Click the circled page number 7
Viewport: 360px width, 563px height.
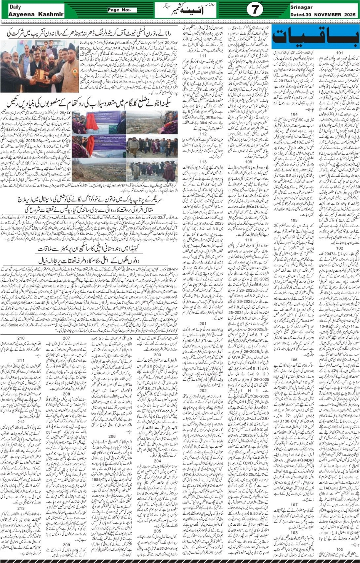[x=254, y=10]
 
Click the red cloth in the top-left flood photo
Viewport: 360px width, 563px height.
[x=91, y=121]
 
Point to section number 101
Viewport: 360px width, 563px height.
[x=339, y=53]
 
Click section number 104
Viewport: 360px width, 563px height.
[x=294, y=114]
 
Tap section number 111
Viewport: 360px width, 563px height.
[x=203, y=56]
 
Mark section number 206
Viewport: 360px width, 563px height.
[x=112, y=437]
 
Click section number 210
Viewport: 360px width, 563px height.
[x=21, y=338]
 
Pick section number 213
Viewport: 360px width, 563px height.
[x=21, y=508]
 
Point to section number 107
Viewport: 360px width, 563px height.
[x=294, y=505]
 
